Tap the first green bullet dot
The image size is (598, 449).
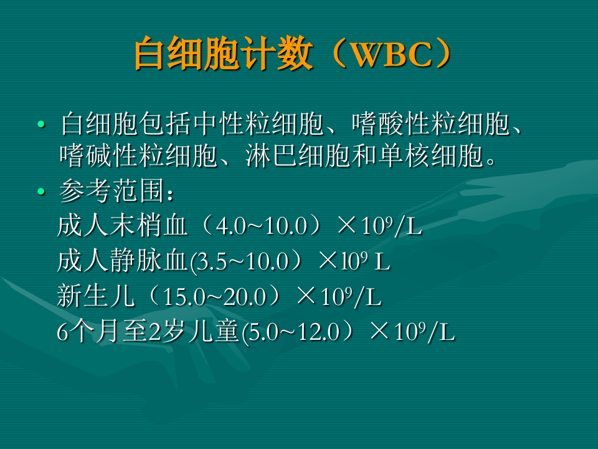click(x=41, y=125)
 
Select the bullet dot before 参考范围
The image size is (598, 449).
click(x=41, y=192)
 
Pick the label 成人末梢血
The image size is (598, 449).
click(x=121, y=226)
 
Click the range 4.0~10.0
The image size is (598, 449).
click(x=261, y=227)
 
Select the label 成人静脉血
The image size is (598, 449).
click(x=121, y=261)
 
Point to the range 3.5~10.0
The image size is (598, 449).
click(x=243, y=262)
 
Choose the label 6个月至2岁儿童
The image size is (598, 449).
click(x=148, y=332)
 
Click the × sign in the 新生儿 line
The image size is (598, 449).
click(x=307, y=296)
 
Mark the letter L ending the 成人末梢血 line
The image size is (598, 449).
click(x=414, y=228)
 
